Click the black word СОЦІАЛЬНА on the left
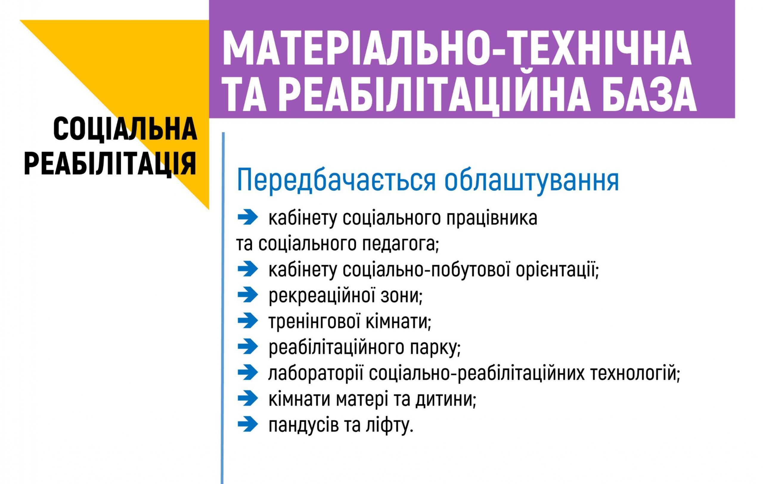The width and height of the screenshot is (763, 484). click(x=125, y=130)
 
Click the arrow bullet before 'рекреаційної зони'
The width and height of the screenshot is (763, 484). click(x=248, y=295)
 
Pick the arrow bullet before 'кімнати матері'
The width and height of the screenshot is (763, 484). click(x=248, y=399)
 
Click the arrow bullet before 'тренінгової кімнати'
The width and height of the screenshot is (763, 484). click(x=248, y=321)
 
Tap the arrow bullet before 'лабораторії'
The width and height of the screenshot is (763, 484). click(x=248, y=373)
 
